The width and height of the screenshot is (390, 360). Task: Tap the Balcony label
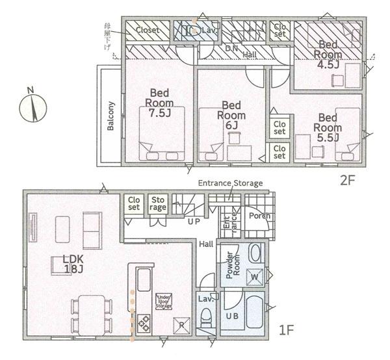(x=111, y=116)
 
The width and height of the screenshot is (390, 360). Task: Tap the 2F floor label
(x=346, y=180)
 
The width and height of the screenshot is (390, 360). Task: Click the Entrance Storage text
(x=230, y=184)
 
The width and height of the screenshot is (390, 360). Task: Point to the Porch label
(x=260, y=216)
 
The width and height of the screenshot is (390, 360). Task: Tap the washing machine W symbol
(x=254, y=277)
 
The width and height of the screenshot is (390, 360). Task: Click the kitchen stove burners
(x=143, y=322)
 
